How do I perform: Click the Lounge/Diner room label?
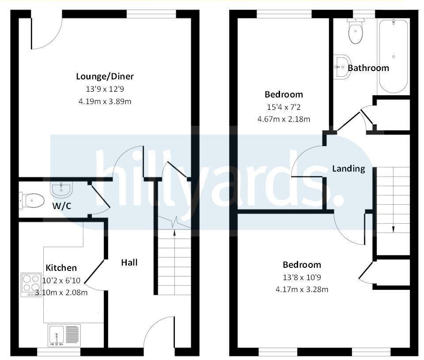(105, 76)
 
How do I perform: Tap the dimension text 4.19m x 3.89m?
(105, 101)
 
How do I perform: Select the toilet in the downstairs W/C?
(32, 201)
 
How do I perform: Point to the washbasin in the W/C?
(61, 190)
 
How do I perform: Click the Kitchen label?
(61, 268)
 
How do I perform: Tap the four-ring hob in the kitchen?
(31, 285)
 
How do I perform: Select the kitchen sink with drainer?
(64, 335)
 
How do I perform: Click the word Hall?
(129, 262)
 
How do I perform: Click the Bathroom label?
(368, 68)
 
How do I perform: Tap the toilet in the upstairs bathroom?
(356, 31)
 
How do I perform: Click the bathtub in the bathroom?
(393, 56)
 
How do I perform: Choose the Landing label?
(348, 169)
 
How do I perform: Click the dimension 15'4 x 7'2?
(284, 107)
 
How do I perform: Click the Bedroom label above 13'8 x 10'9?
(302, 265)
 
